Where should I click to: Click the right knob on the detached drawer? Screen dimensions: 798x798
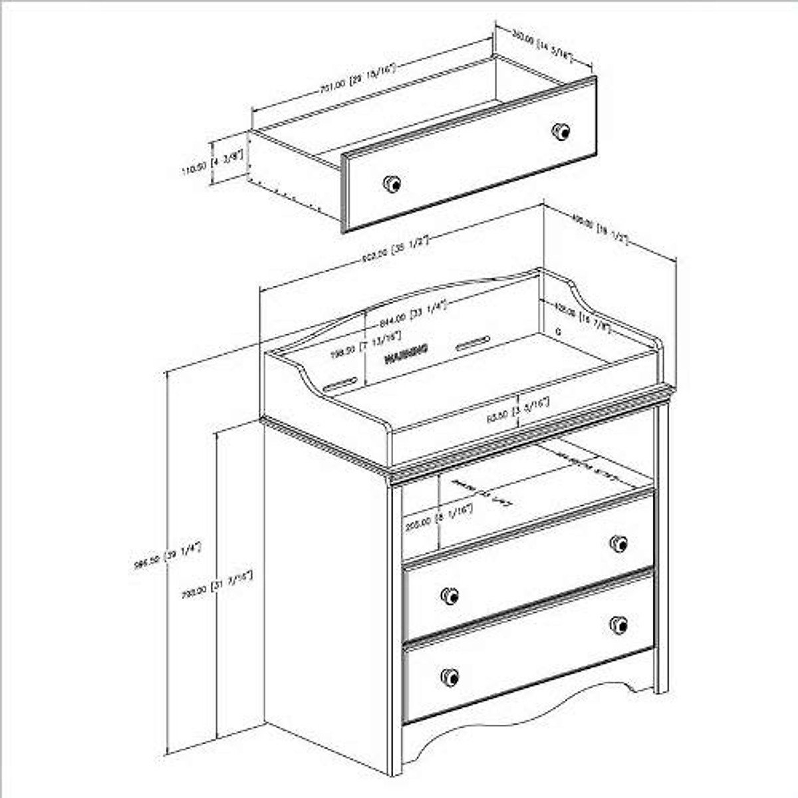[561, 130]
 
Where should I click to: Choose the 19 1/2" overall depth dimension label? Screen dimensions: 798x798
[600, 230]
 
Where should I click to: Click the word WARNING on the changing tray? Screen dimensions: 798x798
[406, 354]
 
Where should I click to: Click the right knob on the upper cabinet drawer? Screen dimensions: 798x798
[618, 543]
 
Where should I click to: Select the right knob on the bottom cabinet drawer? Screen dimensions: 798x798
[618, 624]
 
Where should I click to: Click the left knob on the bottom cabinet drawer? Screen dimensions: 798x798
[450, 677]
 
